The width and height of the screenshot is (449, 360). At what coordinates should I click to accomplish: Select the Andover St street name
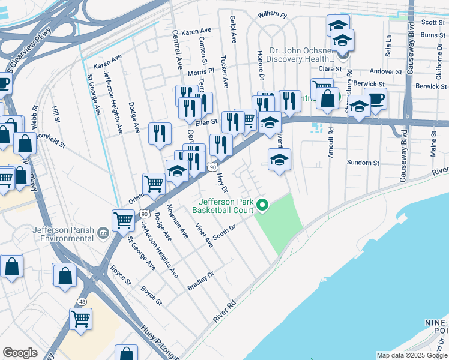pyautogui.click(x=385, y=71)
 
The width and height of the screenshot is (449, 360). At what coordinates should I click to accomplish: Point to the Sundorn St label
pyautogui.click(x=364, y=163)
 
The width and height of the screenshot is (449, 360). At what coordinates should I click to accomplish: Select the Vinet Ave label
pyautogui.click(x=204, y=235)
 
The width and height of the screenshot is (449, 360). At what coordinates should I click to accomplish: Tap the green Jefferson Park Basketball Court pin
pyautogui.click(x=262, y=206)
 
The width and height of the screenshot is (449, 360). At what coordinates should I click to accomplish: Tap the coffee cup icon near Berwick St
pyautogui.click(x=376, y=99)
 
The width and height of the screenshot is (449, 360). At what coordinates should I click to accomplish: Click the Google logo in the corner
pyautogui.click(x=20, y=353)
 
